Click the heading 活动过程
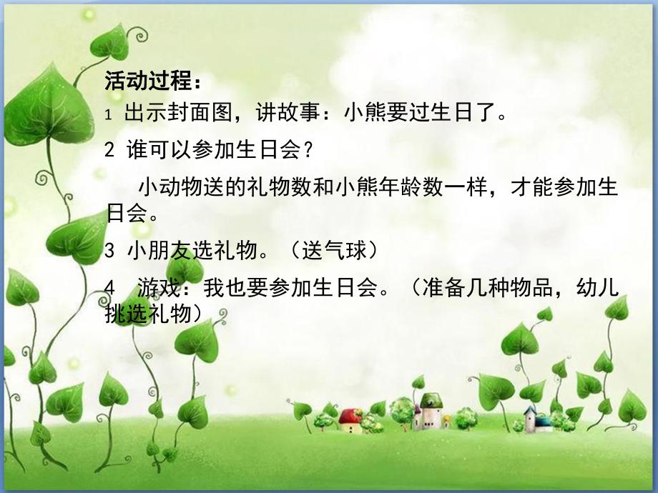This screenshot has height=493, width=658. pos(149,81)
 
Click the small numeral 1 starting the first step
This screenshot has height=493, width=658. pos(108,115)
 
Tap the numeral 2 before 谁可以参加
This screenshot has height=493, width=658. pos(109,151)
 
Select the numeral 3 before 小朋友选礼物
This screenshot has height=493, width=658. pos(109,252)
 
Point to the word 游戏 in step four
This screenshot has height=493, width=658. pos(153,289)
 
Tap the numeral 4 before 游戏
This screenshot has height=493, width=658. pos(109,289)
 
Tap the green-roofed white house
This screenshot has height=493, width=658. pos(430,410)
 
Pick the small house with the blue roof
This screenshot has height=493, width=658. pos(530,417)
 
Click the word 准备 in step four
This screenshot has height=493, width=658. pos(441,289)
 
